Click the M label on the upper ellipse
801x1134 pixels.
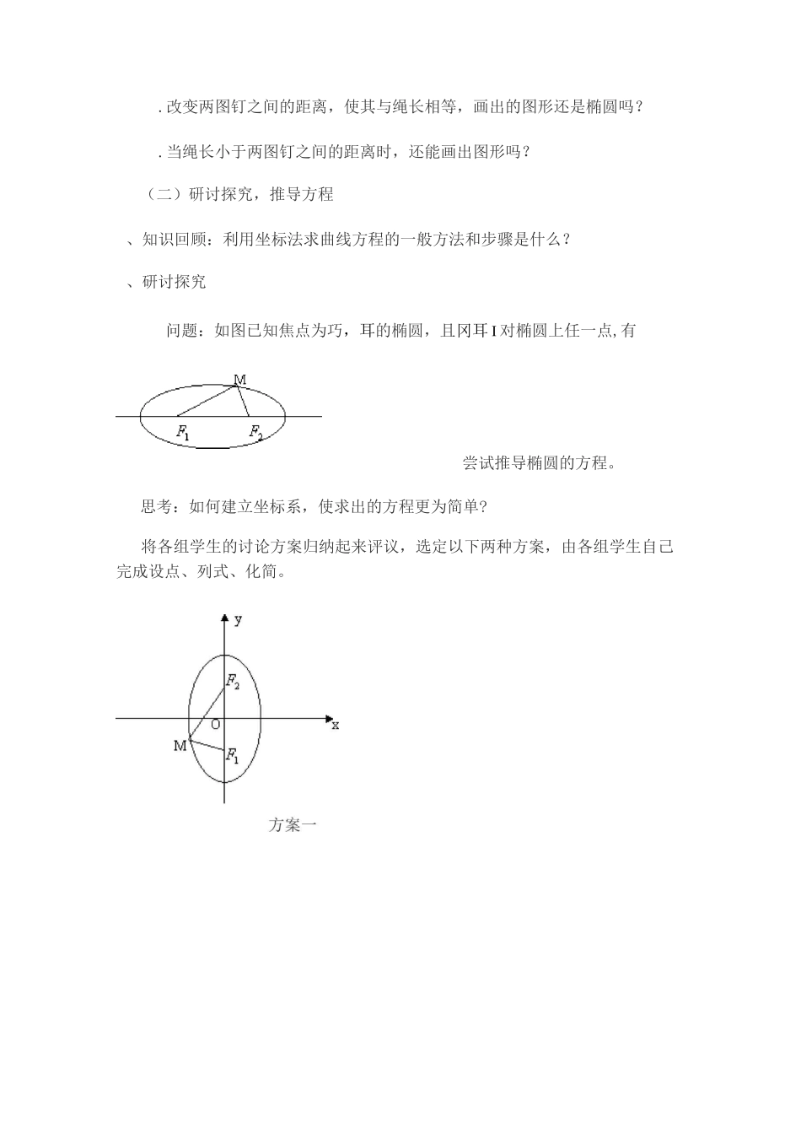[x=240, y=380]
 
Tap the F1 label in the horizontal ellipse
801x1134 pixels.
[x=183, y=433]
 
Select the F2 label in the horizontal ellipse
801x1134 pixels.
[x=255, y=433]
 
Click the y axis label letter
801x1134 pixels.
[x=239, y=620]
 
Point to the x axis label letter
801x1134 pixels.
[x=335, y=725]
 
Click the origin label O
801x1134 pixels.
[x=215, y=724]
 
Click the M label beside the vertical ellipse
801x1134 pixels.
[x=180, y=746]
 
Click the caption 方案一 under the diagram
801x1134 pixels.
[x=292, y=825]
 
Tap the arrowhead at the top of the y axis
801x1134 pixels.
[x=224, y=618]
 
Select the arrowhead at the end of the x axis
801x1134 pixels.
[x=329, y=719]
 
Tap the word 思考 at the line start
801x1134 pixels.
[x=156, y=507]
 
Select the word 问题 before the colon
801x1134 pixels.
[x=182, y=330]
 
